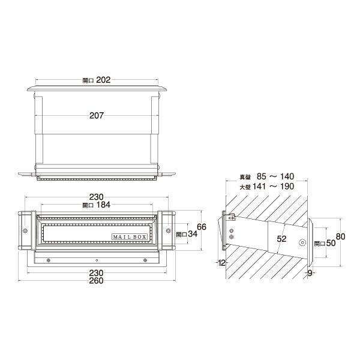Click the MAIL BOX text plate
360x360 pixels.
click(129, 237)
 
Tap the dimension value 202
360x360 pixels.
click(103, 80)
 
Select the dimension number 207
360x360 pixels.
click(97, 115)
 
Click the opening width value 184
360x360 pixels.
click(103, 205)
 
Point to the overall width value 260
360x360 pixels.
click(97, 281)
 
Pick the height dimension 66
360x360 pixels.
click(202, 227)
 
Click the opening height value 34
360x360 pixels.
click(193, 234)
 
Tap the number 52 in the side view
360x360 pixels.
click(281, 239)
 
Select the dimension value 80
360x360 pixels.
click(340, 236)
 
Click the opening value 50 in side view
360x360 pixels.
click(331, 243)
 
